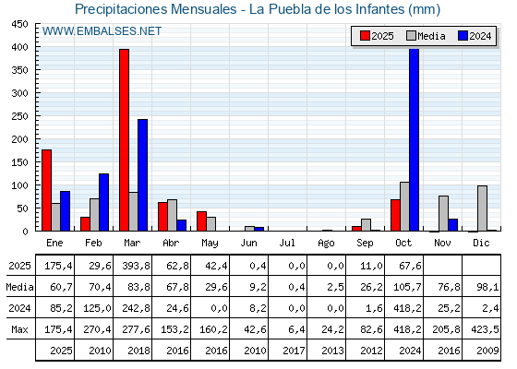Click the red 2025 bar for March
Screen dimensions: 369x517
124,140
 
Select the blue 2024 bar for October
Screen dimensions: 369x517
415,140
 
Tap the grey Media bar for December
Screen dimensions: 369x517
482,208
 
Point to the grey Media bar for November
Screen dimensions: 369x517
443,213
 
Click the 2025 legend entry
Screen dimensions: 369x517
378,36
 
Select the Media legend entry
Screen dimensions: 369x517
426,36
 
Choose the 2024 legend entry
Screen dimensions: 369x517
475,36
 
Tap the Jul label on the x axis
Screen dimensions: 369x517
288,242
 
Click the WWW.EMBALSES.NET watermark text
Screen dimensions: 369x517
102,31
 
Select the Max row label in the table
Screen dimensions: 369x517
18,329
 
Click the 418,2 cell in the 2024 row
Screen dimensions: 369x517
404,308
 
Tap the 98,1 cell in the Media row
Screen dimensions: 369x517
481,287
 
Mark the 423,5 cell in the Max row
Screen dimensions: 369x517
481,329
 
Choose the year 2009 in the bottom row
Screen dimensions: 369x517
481,351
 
